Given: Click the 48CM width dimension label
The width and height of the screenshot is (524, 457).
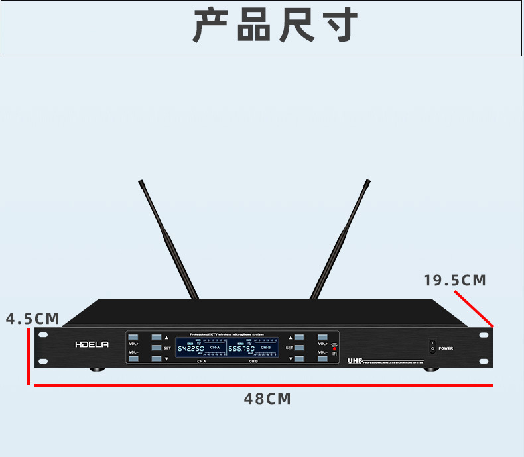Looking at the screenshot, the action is tap(267, 399).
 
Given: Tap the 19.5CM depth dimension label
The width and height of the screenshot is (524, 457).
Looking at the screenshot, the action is tap(455, 280).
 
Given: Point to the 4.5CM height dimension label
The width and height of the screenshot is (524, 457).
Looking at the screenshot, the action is tap(33, 319).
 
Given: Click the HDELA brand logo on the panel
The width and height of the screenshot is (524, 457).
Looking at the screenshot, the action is tap(92, 344).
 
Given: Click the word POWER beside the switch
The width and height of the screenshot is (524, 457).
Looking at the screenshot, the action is tap(446, 348).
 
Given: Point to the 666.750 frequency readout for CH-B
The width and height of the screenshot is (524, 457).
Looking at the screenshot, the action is tap(241, 348).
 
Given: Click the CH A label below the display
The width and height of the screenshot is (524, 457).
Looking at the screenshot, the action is tap(202, 362).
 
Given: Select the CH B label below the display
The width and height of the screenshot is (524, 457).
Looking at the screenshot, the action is tap(253, 362).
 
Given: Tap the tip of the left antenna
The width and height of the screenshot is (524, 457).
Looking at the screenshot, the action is tap(141, 182).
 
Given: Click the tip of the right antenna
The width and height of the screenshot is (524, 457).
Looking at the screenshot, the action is tap(367, 182).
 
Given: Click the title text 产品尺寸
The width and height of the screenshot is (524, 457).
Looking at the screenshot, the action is tap(275, 27).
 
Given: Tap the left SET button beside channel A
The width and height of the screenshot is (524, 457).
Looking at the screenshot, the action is tap(157, 348).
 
